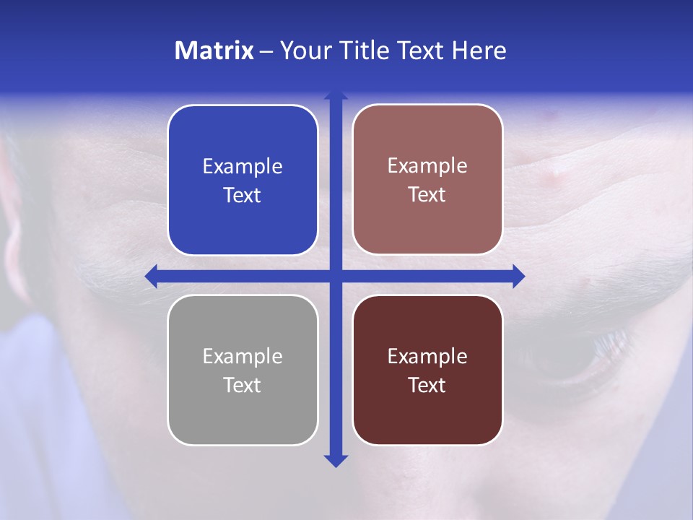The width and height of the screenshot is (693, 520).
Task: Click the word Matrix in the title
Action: (x=214, y=51)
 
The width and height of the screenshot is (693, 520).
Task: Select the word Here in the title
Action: (x=479, y=51)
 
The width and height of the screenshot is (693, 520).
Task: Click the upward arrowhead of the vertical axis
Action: (x=336, y=95)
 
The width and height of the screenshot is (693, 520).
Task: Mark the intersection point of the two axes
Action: (x=336, y=276)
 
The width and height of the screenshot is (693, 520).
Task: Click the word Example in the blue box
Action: (x=243, y=167)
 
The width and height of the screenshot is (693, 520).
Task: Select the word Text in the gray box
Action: (x=243, y=385)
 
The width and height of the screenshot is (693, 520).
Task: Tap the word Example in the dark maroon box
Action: (x=427, y=356)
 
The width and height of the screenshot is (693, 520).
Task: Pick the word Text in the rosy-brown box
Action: (x=427, y=195)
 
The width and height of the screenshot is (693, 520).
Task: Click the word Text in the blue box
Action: (x=243, y=196)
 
